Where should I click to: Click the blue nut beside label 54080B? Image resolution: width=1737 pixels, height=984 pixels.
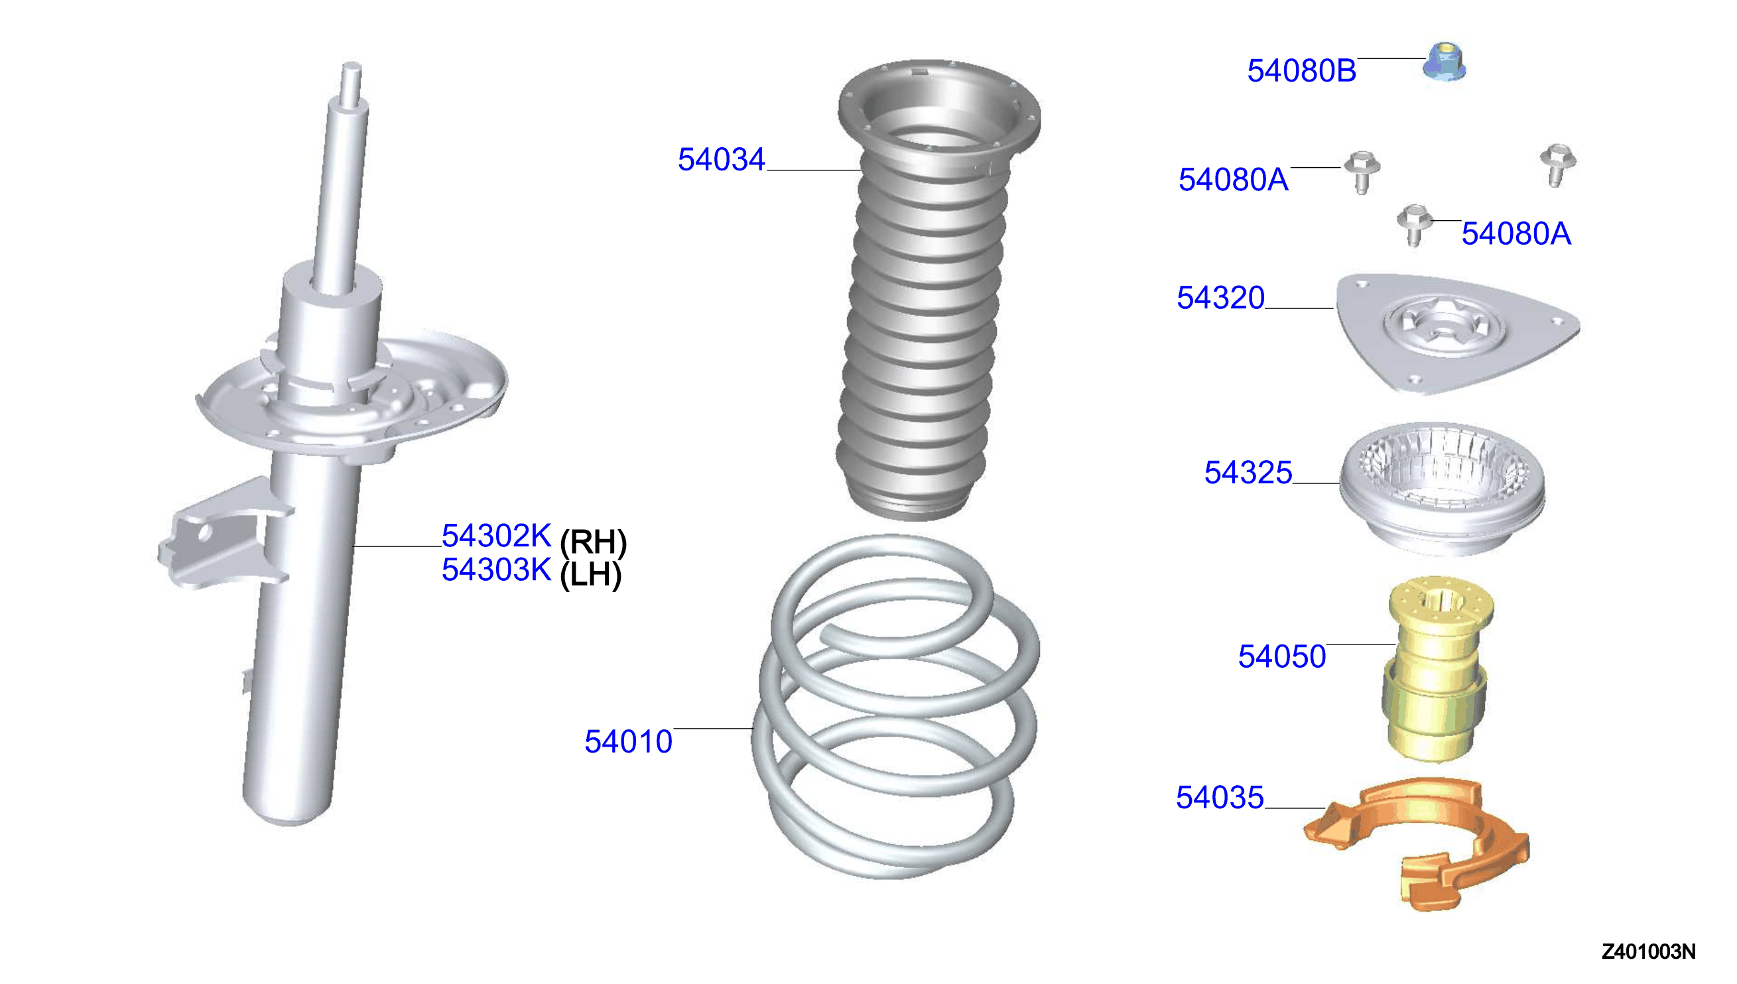(x=1445, y=62)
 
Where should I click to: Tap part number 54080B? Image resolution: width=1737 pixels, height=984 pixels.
(x=1301, y=71)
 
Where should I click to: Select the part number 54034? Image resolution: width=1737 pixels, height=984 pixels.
(x=721, y=160)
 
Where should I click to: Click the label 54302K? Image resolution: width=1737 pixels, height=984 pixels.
(x=496, y=536)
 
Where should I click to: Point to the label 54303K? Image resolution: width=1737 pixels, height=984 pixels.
(x=496, y=570)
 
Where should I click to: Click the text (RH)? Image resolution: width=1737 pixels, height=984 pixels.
(x=594, y=542)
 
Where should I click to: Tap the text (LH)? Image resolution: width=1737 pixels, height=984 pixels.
(x=591, y=574)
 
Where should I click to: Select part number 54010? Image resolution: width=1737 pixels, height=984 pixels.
(x=628, y=742)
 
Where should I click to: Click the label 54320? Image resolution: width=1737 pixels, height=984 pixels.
(x=1220, y=298)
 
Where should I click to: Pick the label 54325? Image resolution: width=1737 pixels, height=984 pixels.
(x=1248, y=473)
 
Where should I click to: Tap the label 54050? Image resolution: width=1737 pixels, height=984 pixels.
(x=1282, y=657)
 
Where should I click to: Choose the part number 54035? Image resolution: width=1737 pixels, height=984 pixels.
(x=1220, y=798)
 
